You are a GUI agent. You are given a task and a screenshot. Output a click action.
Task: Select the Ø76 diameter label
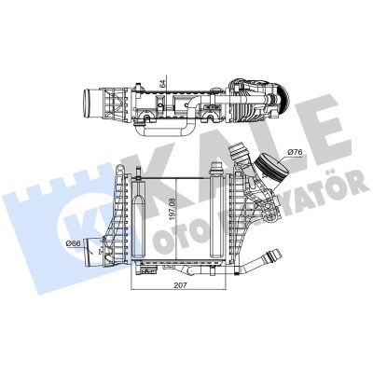coord(296,151)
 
